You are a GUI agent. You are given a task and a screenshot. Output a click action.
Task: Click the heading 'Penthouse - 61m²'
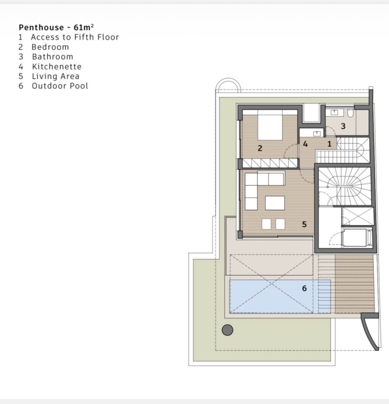tap(56, 27)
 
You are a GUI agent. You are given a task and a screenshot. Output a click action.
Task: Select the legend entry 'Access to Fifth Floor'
tap(75, 37)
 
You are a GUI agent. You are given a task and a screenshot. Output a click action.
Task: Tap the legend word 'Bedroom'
tap(50, 47)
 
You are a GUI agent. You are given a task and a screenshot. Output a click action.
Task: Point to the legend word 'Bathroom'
tap(53, 57)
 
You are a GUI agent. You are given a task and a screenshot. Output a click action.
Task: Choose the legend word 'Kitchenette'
tap(57, 67)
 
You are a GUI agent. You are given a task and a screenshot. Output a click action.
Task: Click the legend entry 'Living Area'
tap(56, 76)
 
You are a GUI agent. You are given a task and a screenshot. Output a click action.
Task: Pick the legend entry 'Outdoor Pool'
tap(60, 86)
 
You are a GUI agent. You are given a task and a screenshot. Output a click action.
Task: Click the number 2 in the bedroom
tap(260, 148)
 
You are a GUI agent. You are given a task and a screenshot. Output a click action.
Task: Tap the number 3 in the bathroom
tap(343, 126)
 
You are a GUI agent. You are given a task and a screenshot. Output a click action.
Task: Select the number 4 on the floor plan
tap(305, 144)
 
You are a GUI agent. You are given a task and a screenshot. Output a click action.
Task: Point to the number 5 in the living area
tap(304, 224)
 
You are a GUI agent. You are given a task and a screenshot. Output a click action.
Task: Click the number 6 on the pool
tap(304, 288)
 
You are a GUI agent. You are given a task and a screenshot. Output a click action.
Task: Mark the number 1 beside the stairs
tap(329, 144)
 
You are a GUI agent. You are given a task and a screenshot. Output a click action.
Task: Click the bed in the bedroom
tap(270, 125)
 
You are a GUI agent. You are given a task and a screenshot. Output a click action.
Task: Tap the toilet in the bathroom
tap(351, 113)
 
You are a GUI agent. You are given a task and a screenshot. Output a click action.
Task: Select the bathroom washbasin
tap(335, 112)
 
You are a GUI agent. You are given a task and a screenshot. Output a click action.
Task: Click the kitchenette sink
tap(317, 133)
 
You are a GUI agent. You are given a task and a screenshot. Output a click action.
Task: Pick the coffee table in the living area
tap(275, 203)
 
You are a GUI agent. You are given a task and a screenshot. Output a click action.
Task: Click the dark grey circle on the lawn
tap(227, 330)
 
